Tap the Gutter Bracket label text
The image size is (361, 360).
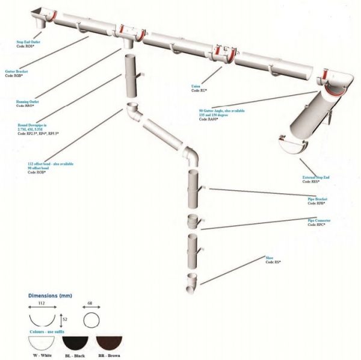click(x=16, y=71)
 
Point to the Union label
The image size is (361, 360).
click(x=196, y=86)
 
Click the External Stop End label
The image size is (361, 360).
click(x=316, y=178)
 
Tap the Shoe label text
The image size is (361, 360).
click(x=270, y=258)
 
